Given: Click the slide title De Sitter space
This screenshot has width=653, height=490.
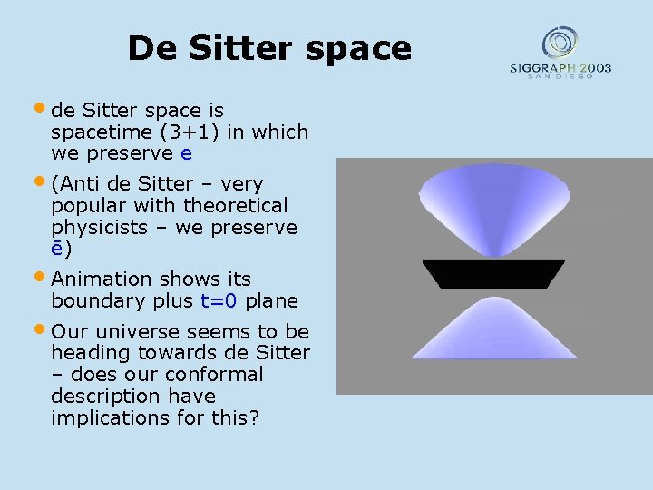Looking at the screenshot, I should [x=269, y=48].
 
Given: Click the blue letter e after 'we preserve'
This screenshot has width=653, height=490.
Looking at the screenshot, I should [x=186, y=154].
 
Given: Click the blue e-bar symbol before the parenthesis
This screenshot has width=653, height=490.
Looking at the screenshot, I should [x=56, y=249].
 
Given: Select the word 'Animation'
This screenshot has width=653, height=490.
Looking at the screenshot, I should [x=102, y=279].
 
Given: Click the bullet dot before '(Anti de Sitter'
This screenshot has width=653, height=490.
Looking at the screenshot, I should [x=44, y=181].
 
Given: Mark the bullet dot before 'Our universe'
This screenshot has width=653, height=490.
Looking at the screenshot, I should [x=44, y=329].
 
